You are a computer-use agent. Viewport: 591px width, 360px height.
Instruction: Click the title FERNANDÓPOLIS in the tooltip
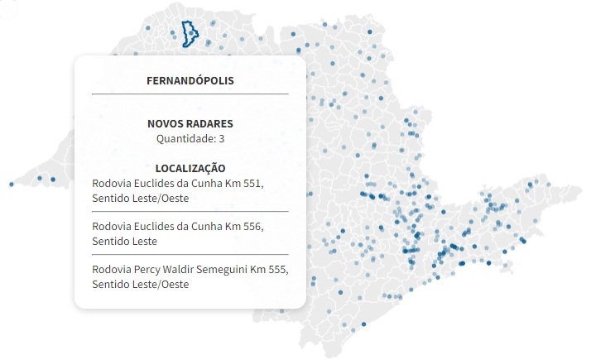tap(190, 81)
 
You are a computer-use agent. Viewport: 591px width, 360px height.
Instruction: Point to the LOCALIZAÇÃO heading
tap(190, 167)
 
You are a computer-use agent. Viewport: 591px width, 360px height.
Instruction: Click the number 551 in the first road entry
tap(253, 181)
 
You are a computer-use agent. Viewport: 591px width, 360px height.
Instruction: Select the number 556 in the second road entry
tap(253, 226)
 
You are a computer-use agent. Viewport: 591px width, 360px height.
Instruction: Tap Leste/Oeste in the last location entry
tap(161, 285)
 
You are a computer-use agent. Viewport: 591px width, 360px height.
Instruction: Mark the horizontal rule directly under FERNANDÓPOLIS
tap(190, 94)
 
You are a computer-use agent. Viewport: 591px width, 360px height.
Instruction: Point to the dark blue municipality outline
tap(192, 25)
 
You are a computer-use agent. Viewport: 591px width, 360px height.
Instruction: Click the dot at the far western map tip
tap(12, 184)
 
